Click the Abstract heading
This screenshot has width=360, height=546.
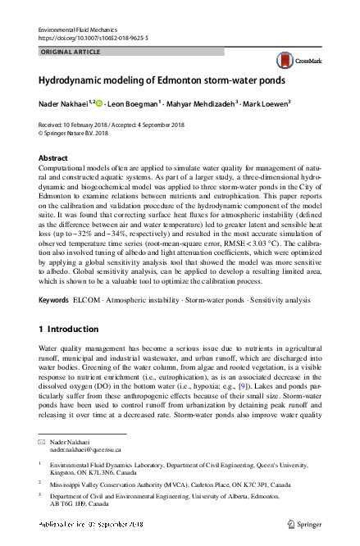pos(54,157)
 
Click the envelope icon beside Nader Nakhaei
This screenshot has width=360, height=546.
pos(42,442)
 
